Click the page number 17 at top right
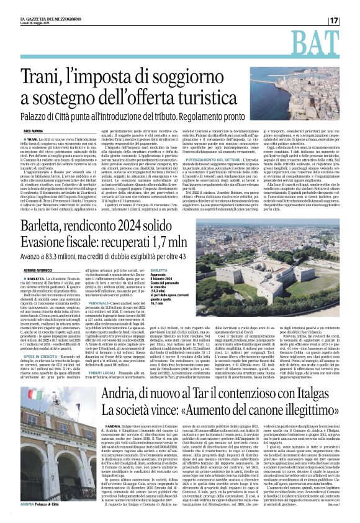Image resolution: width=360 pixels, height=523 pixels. tap(351, 20)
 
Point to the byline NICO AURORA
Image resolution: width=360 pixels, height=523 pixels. tap(33, 132)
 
